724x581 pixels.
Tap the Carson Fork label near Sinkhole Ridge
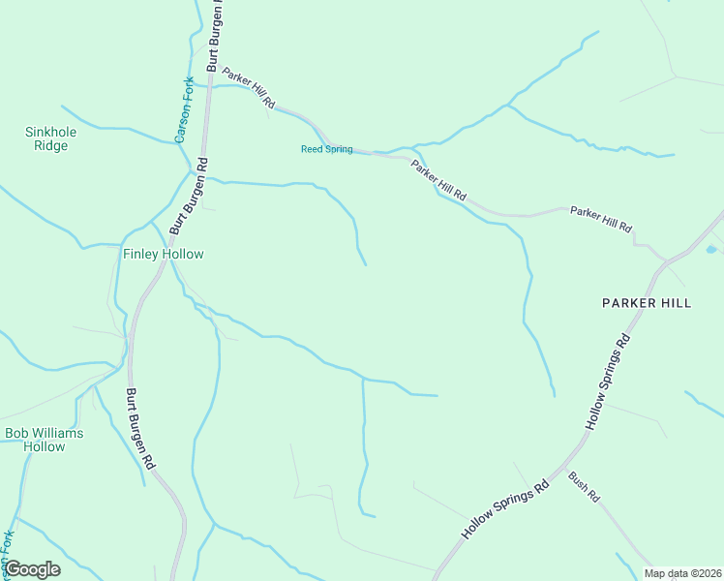coord(182,109)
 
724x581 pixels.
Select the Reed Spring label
coord(326,149)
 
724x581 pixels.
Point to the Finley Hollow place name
coord(163,254)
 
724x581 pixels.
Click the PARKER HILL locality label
coord(647,303)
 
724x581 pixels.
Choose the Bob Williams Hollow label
coord(45,440)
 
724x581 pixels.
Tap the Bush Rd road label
coord(585,485)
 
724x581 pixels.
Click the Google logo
coord(32,569)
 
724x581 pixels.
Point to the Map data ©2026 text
coord(681,573)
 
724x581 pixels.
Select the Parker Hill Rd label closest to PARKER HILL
coord(600,219)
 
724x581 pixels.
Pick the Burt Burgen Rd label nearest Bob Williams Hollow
coord(141,429)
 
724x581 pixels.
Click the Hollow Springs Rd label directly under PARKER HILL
coord(609,382)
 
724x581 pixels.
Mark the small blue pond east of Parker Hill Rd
coord(712,250)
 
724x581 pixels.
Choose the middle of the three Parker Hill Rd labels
coord(437,181)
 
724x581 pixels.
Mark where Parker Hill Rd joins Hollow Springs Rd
coord(667,260)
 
